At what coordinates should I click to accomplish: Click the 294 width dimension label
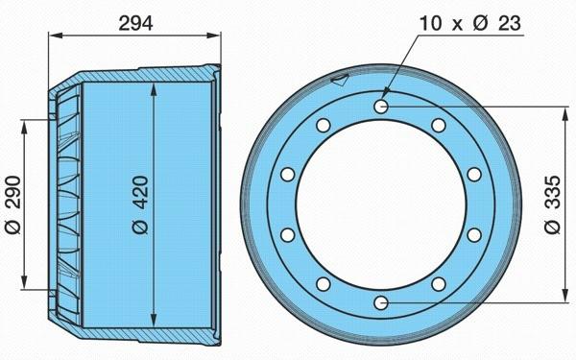(x=135, y=24)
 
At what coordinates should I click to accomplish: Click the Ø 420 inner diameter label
(x=141, y=204)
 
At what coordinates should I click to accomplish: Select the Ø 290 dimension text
(x=13, y=204)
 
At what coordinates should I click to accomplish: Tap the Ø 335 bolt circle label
(x=553, y=204)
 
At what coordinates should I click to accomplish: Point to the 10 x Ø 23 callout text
(x=470, y=23)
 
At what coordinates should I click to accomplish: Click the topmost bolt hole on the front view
(x=381, y=107)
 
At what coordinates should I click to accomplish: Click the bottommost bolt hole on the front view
(x=381, y=303)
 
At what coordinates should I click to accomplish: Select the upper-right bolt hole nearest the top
(x=439, y=125)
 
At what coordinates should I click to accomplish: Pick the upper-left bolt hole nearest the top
(x=324, y=125)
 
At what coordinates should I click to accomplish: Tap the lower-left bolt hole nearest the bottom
(x=324, y=284)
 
